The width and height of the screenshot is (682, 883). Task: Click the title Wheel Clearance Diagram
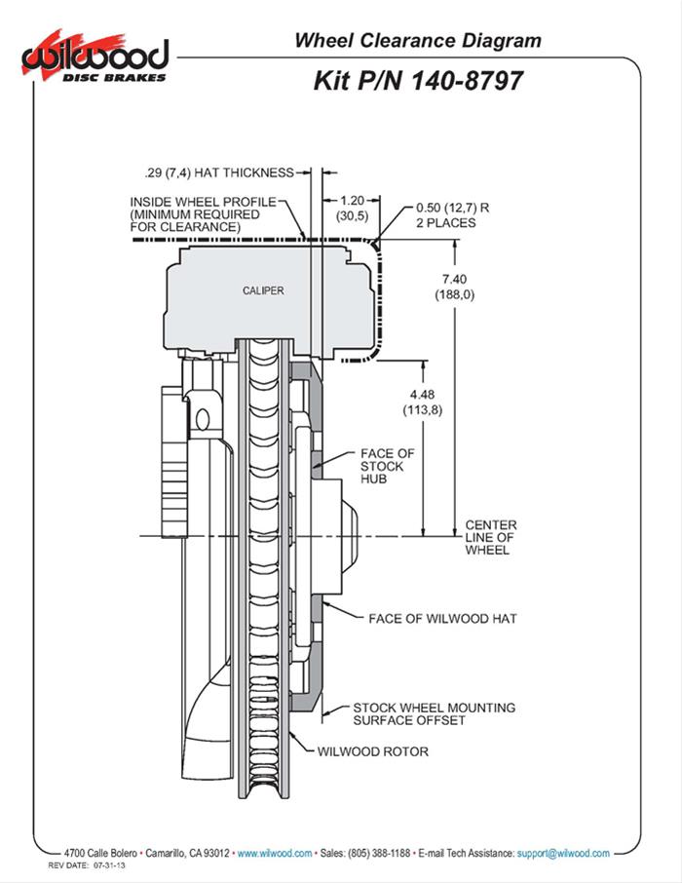tap(417, 41)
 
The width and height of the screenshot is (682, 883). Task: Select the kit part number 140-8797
tap(418, 80)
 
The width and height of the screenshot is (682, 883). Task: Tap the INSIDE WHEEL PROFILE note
tap(195, 213)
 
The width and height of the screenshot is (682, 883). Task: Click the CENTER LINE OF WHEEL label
tap(490, 537)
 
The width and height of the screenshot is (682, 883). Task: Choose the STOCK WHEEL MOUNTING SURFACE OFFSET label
tap(434, 714)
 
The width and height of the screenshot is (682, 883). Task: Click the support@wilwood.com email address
tap(563, 852)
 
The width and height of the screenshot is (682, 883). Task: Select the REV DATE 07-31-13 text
tap(88, 864)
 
